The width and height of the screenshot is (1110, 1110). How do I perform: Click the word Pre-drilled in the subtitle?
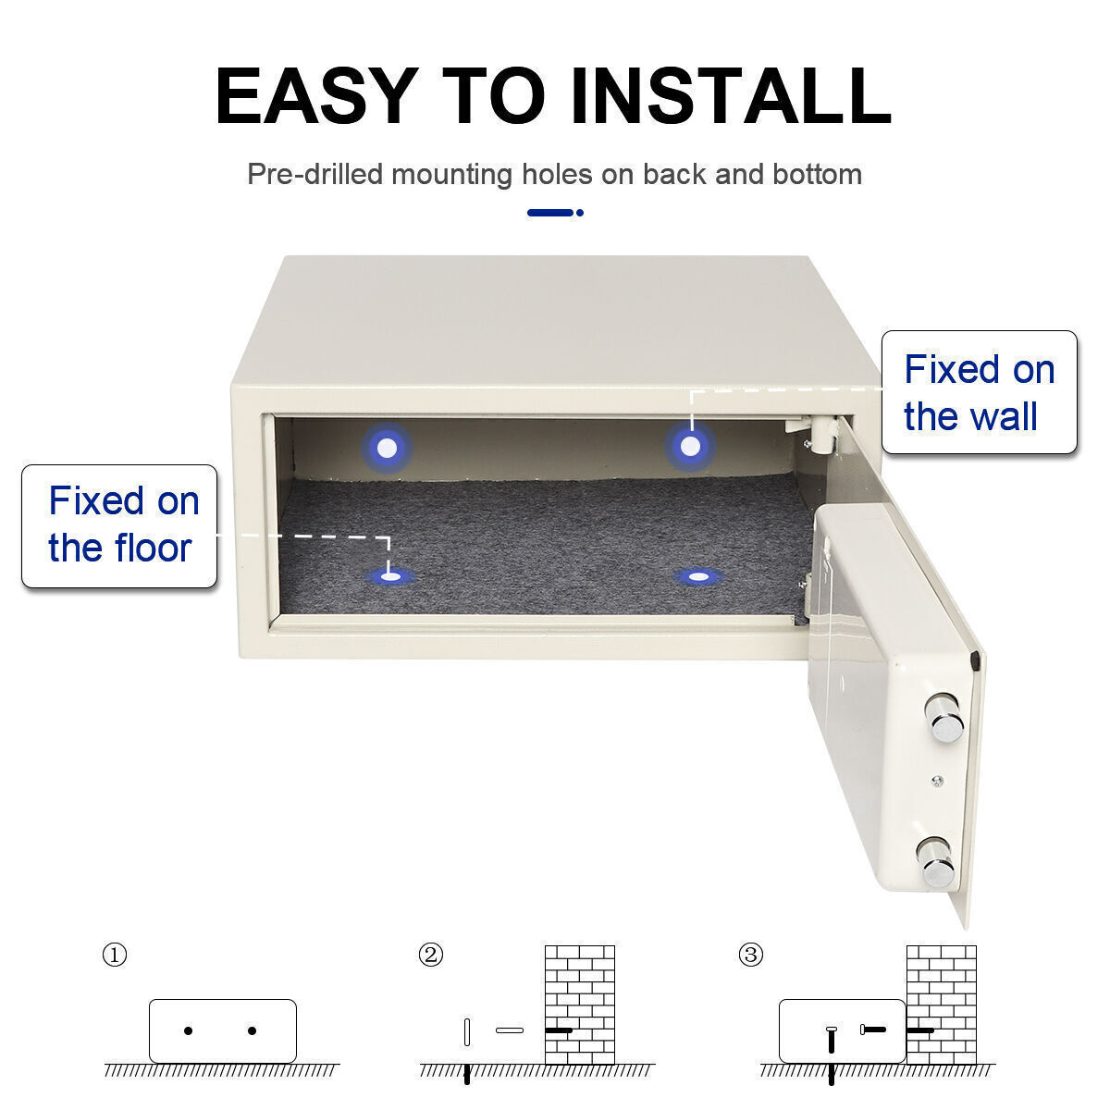314,174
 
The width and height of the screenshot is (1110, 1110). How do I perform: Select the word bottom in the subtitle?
817,174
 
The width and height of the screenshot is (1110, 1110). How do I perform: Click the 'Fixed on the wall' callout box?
979,392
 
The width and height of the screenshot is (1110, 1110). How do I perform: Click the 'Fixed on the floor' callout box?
119,526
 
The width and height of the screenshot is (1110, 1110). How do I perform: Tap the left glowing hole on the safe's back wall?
387,448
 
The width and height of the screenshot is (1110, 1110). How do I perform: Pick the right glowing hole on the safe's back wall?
690,447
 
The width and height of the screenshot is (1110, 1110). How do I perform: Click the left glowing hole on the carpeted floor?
391,576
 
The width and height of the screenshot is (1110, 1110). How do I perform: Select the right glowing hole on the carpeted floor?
698,576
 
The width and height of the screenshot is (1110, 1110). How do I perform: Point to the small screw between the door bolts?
937,781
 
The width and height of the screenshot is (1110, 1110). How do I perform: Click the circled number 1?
114,955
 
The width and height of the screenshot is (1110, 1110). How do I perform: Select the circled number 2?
430,955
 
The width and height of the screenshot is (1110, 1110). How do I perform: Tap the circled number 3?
750,955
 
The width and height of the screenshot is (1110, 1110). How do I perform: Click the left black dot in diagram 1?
189,1030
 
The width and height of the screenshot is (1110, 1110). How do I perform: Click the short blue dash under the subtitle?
550,213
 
